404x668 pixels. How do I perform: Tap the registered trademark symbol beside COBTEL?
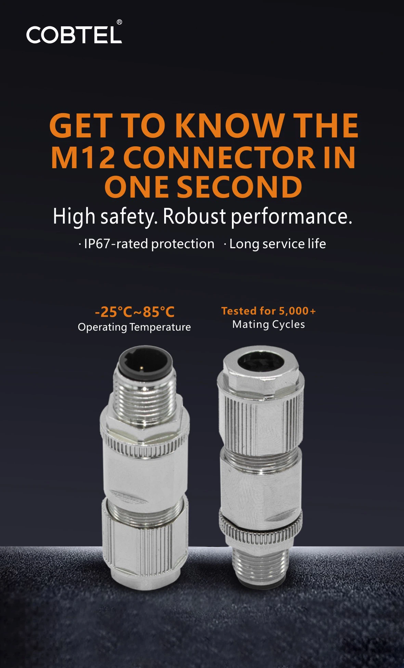click(119, 22)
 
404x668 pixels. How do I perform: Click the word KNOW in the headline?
click(230, 125)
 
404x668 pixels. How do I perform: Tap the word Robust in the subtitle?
click(194, 216)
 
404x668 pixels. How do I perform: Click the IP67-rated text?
click(115, 244)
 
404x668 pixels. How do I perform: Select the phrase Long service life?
click(277, 244)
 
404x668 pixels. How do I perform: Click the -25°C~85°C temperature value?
click(135, 312)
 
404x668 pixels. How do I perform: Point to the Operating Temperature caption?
click(134, 327)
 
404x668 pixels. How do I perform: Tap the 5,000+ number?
click(297, 311)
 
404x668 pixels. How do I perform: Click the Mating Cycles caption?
click(269, 324)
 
